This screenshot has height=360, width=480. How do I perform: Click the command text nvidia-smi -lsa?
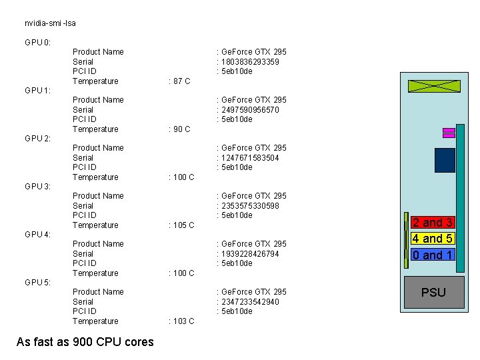[x=50, y=23]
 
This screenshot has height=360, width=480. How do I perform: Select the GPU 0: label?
[x=37, y=43]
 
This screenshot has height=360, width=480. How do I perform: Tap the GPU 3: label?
[x=37, y=187]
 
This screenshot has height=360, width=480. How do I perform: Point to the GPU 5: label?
[x=37, y=283]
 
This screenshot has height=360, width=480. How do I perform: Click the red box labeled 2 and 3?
[x=433, y=223]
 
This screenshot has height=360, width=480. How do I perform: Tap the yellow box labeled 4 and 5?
[x=433, y=239]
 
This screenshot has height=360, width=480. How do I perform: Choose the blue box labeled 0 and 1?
[x=433, y=255]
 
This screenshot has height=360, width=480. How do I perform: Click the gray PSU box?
[x=433, y=292]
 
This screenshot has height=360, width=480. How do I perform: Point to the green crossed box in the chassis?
[x=434, y=85]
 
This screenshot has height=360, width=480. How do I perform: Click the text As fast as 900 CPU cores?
[x=85, y=342]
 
